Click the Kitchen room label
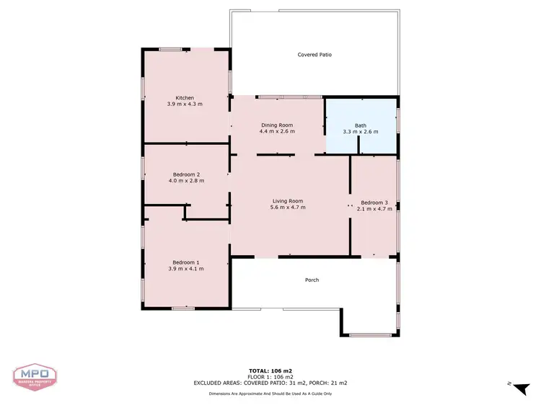pos(185,98)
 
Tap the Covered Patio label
pos(315,55)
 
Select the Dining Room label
pos(277,125)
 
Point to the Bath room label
pos(361,125)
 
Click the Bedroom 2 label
pos(186,174)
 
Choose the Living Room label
pos(288,201)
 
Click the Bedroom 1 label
pos(186,262)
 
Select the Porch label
pos(312,280)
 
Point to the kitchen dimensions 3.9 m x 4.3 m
pos(185,104)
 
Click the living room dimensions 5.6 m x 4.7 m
pos(288,208)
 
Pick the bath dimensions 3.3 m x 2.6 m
pos(361,132)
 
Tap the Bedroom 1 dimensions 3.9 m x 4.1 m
pos(186,269)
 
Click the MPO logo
pos(35,376)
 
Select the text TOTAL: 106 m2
pos(270,371)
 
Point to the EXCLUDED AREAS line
pos(270,383)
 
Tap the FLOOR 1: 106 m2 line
pos(270,377)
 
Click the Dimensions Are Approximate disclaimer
pos(270,393)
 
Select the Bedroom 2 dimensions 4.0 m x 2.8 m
pos(186,181)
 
